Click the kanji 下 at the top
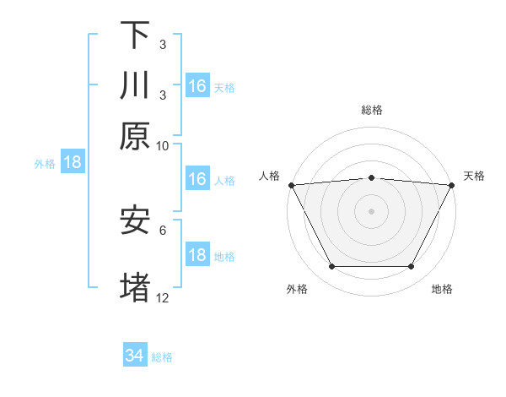pos(135,35)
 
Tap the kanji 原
pos(135,136)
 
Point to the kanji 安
pos(135,220)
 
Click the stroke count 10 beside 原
pos(163,146)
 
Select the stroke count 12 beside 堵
pos(163,297)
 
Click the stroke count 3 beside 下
pos(163,44)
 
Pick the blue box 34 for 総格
pos(135,356)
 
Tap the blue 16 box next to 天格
pos(197,86)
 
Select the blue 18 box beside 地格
pos(197,255)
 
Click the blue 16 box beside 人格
pos(197,179)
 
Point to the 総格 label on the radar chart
pos(372,110)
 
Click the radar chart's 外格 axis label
pos(297,290)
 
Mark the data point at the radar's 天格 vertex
pos(452,185)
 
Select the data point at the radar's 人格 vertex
pos(291,185)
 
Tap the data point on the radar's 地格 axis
pos(412,267)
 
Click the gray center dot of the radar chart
pos(372,211)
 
